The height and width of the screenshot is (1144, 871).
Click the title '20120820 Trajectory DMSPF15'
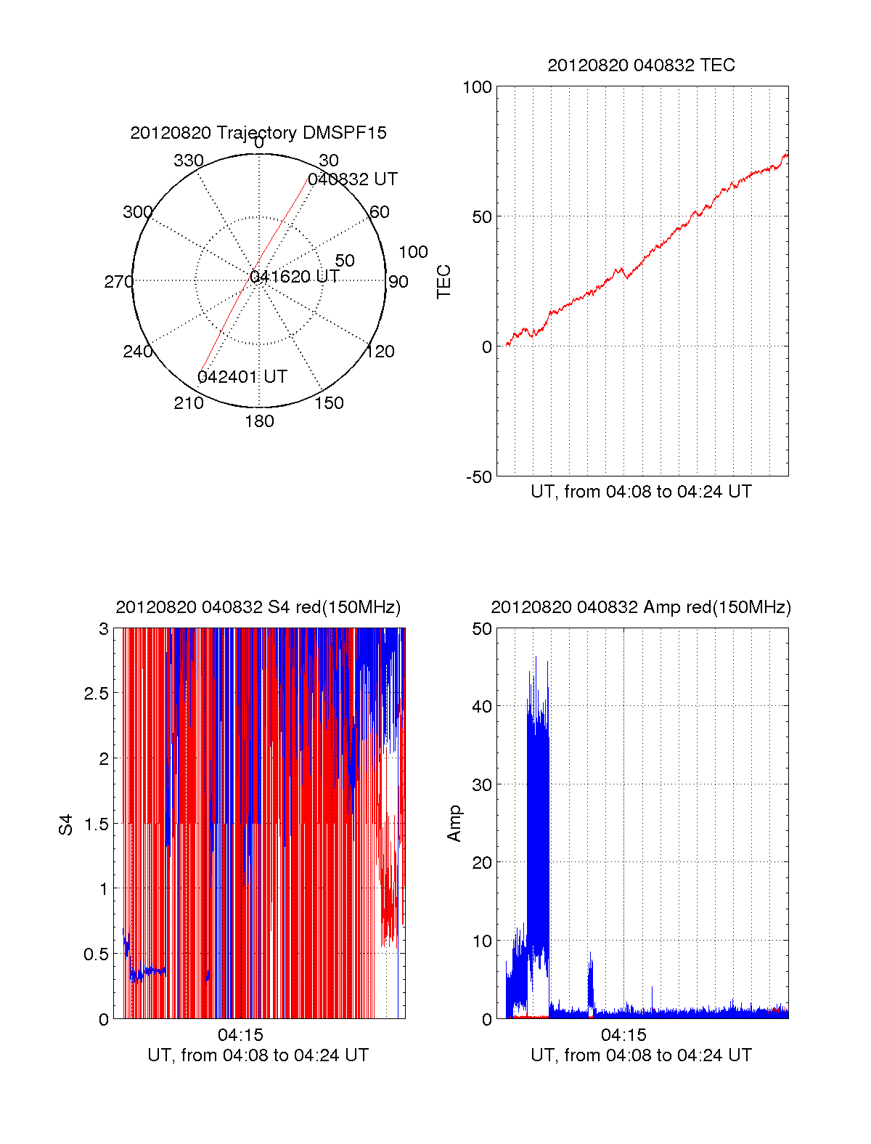[x=258, y=133]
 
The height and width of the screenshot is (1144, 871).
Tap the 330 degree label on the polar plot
[x=189, y=161]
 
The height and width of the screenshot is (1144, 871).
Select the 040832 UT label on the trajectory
[x=353, y=179]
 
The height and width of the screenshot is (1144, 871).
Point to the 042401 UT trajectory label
[x=242, y=377]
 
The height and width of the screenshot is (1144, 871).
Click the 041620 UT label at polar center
[x=295, y=277]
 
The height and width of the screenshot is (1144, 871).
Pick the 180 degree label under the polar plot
[x=259, y=421]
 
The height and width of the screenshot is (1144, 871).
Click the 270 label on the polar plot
[x=118, y=282]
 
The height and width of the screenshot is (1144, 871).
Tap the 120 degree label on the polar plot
[x=380, y=352]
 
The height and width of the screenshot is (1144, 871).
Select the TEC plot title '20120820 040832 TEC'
[x=641, y=65]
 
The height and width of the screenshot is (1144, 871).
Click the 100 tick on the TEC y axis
[x=477, y=87]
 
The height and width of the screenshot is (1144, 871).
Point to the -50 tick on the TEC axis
[x=478, y=477]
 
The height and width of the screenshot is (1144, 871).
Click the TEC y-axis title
[x=443, y=282]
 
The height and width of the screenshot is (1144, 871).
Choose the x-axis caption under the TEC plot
[x=641, y=492]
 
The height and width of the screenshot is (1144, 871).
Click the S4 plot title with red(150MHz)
[x=258, y=607]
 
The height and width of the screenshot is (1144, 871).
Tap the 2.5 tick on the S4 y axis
[x=97, y=694]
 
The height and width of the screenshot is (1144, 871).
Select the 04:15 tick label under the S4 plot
[x=240, y=1035]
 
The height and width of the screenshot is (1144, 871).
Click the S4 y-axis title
[x=66, y=824]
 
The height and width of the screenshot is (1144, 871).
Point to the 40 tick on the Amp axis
[x=482, y=706]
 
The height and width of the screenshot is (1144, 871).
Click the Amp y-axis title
[x=454, y=824]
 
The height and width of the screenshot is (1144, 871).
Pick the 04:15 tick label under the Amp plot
[x=623, y=1035]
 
